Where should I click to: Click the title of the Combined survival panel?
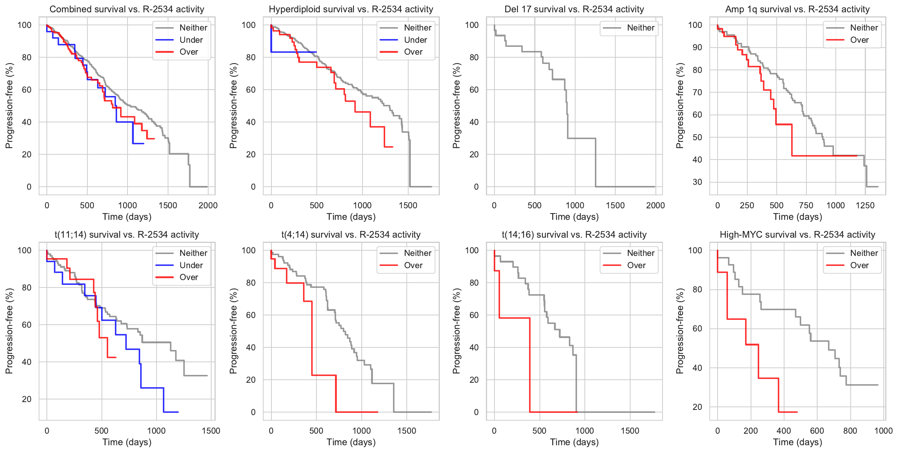pyautogui.click(x=127, y=9)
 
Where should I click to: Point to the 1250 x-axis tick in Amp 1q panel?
pyautogui.click(x=865, y=205)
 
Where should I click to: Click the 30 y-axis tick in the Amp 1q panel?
pyautogui.click(x=697, y=182)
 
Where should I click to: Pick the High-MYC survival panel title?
pyautogui.click(x=797, y=235)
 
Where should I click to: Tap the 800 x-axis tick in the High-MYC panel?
pyautogui.click(x=850, y=431)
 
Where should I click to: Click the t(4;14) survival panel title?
pyautogui.click(x=351, y=235)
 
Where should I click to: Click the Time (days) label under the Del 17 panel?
pyautogui.click(x=574, y=217)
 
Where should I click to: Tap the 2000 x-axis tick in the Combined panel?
pyautogui.click(x=208, y=205)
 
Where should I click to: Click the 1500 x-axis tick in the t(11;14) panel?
pyautogui.click(x=211, y=431)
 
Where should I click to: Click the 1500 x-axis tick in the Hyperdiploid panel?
pyautogui.click(x=408, y=205)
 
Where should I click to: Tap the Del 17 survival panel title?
pyautogui.click(x=574, y=9)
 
